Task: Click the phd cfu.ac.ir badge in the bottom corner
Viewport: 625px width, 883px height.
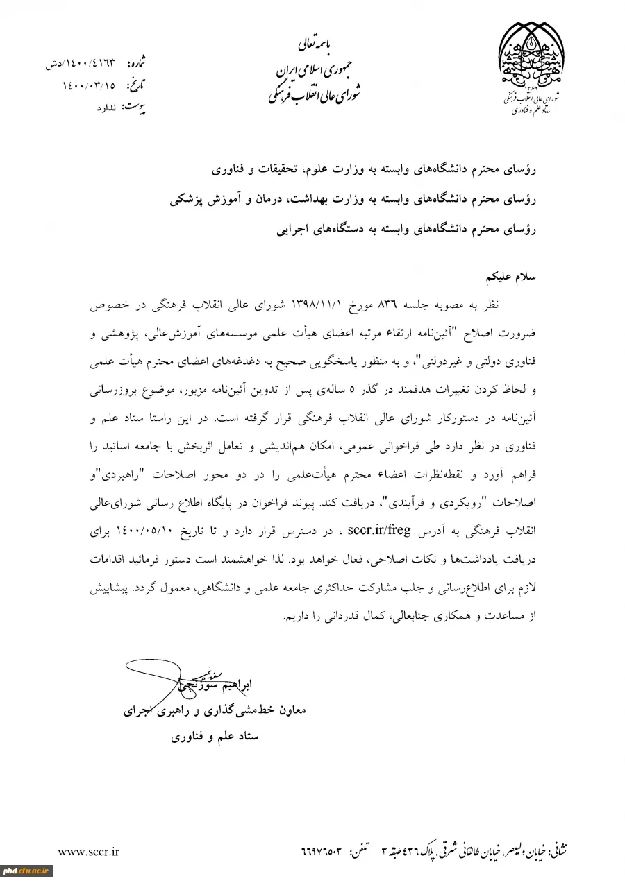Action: click(x=26, y=871)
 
